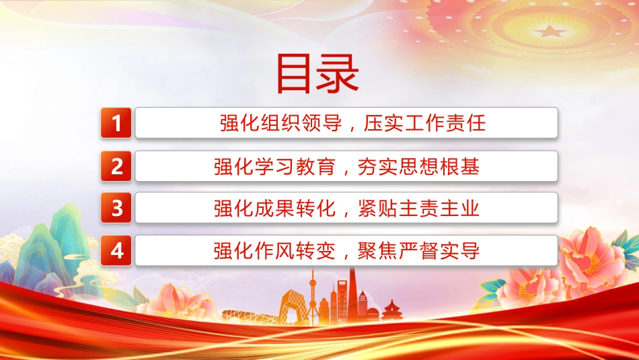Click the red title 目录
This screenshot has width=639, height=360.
click(x=317, y=74)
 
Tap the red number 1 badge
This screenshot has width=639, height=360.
click(x=116, y=122)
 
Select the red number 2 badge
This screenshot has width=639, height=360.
click(x=116, y=166)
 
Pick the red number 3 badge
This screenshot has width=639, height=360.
click(x=116, y=208)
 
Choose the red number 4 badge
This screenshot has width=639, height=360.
click(x=116, y=250)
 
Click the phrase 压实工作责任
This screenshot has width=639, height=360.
click(x=424, y=123)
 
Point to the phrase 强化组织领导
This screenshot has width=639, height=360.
click(x=280, y=123)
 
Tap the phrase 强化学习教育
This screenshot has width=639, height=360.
click(x=274, y=166)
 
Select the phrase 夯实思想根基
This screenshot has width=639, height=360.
click(x=418, y=166)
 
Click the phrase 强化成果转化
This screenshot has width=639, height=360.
click(x=274, y=209)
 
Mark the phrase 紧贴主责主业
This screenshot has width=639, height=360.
click(x=418, y=209)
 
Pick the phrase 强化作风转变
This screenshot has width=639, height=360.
click(x=274, y=251)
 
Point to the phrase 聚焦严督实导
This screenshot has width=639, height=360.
click(x=418, y=251)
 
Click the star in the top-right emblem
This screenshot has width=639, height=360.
click(x=550, y=31)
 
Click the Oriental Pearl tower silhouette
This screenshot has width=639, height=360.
click(x=313, y=295)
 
